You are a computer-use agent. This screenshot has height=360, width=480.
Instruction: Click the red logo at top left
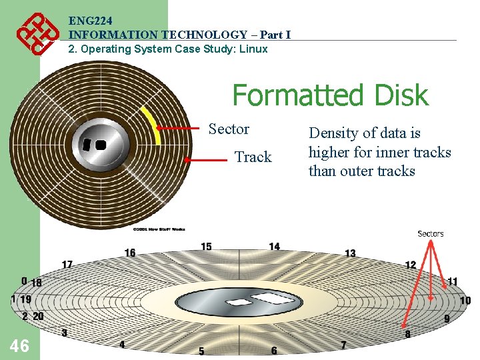point(35,35)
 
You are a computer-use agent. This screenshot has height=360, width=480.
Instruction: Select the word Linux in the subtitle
point(253,49)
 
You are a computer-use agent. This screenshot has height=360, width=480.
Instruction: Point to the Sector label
point(229,129)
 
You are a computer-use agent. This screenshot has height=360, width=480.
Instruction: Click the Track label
point(253,157)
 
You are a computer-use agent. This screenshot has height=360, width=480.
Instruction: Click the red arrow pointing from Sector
point(183,128)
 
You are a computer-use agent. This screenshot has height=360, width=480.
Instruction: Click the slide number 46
point(19,345)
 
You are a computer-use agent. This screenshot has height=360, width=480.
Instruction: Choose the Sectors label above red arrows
point(431,233)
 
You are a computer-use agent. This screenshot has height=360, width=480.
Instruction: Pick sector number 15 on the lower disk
point(207,247)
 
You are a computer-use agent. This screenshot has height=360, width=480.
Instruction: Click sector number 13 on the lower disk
point(350,253)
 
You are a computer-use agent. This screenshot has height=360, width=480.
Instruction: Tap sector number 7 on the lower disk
point(343,345)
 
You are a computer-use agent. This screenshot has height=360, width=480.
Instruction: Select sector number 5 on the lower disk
point(201,351)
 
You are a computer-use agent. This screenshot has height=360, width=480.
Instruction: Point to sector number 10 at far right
point(465,301)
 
